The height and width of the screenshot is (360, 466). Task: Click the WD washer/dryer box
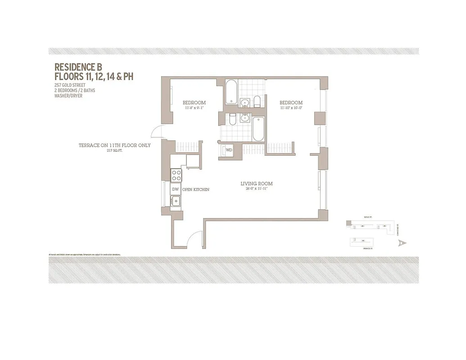[229, 150]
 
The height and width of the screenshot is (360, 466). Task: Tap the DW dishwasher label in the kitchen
[176, 189]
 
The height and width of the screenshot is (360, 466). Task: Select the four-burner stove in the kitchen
[176, 175]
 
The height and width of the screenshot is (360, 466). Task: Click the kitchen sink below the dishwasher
[176, 201]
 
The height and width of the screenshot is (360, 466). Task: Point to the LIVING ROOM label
[256, 184]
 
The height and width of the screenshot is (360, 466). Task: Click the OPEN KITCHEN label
[195, 189]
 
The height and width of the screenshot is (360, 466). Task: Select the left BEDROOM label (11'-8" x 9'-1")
[194, 103]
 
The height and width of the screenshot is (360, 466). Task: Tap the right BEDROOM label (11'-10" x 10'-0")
[290, 103]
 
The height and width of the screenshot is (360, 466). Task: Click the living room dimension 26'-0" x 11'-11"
[256, 189]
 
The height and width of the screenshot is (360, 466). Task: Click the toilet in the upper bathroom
[257, 101]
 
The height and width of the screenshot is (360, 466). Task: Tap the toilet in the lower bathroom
[232, 120]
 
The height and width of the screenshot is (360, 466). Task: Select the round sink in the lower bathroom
[245, 118]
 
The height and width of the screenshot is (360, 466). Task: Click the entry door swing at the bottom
[195, 238]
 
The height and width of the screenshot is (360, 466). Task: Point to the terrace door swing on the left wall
[157, 132]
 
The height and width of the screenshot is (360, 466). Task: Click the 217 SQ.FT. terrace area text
[114, 151]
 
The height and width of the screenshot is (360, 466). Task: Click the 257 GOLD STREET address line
[70, 85]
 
